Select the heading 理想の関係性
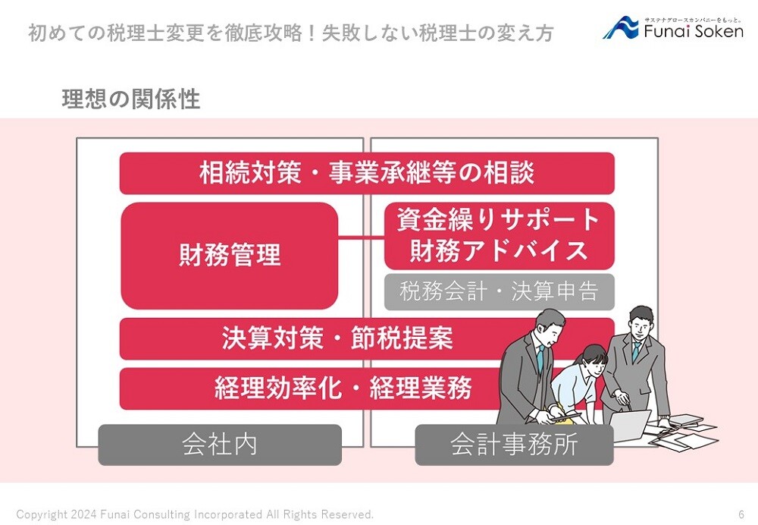point(131,99)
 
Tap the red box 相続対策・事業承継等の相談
point(367,173)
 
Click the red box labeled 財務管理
point(229,256)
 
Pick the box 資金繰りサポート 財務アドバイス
point(500,236)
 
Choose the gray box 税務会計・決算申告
point(500,292)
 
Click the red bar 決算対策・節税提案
point(338,338)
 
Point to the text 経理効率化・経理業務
point(343,388)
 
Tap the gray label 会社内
point(220,445)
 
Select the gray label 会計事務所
point(515,445)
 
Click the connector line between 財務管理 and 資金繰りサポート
point(361,237)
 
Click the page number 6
point(741,514)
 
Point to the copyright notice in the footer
point(196,514)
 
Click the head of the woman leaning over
point(593,358)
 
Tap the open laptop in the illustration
point(629,425)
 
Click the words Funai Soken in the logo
point(694,31)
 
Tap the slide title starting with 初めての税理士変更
point(290,33)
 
